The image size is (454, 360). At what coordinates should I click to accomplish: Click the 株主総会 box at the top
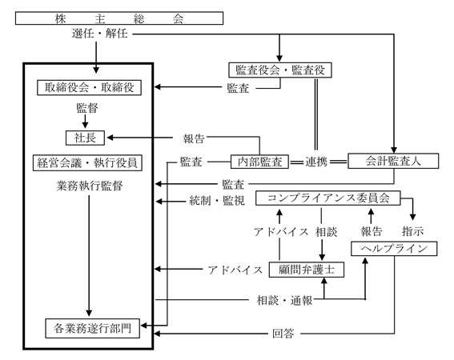coord(119,18)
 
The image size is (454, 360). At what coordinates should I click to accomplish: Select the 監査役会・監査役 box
coord(280,70)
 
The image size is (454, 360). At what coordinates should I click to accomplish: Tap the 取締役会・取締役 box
coord(89,87)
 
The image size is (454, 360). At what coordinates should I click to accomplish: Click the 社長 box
coord(85,138)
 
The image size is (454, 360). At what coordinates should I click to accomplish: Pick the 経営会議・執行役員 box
coord(87,162)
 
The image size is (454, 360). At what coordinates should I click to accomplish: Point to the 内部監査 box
coord(259,162)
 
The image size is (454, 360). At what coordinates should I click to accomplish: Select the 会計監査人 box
coord(393,161)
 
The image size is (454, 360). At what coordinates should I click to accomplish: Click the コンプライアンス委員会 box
coord(328,198)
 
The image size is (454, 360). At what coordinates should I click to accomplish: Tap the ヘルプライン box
coord(394,249)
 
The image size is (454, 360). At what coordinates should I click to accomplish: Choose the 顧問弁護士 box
coord(307,270)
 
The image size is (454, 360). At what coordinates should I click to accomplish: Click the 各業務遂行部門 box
coord(92,329)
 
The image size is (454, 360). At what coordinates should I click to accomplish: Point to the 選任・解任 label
coord(100,34)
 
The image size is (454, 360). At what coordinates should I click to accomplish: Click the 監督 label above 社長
coord(87,108)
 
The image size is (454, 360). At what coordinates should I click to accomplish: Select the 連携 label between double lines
coord(316,162)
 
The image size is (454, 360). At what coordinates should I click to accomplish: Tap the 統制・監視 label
coord(217,201)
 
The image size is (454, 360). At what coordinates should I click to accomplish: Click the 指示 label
coord(413,231)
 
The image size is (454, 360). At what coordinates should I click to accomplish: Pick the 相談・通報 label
coord(285,300)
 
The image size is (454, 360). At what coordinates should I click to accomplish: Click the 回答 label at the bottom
coord(283,334)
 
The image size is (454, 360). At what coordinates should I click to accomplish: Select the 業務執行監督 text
coord(90,186)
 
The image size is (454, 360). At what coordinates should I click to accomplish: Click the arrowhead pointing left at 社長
coord(110,138)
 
